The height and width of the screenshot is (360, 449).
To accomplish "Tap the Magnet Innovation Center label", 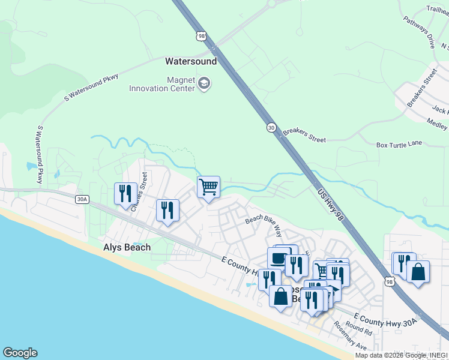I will [x=162, y=84].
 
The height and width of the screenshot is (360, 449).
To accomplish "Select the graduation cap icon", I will [x=204, y=83].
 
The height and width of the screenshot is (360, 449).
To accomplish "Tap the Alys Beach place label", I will [x=127, y=247].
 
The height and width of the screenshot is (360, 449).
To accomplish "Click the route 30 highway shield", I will [x=271, y=128].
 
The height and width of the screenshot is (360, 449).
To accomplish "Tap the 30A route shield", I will [x=82, y=199].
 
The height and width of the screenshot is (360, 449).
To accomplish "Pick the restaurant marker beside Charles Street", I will [x=125, y=194].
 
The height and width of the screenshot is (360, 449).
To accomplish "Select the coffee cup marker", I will [x=278, y=259].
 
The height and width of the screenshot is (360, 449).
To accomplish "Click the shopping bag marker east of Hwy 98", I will [x=418, y=271].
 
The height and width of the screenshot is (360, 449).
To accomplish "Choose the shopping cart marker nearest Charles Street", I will [x=208, y=187].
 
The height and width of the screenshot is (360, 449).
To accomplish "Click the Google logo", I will [x=20, y=353].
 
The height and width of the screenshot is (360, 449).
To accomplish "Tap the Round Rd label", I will [x=359, y=329].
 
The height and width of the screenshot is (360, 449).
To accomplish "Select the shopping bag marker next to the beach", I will [x=280, y=296].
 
